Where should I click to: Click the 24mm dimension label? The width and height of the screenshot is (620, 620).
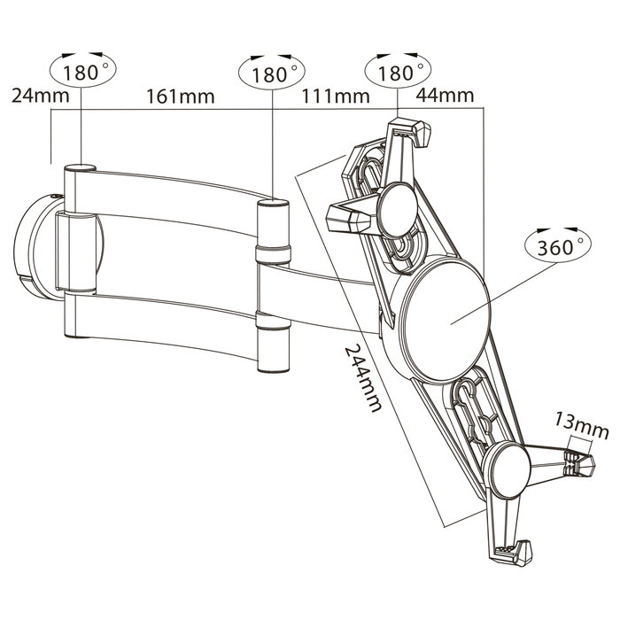click(x=35, y=96)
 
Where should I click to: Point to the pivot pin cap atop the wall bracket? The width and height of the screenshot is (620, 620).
click(x=81, y=167)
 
